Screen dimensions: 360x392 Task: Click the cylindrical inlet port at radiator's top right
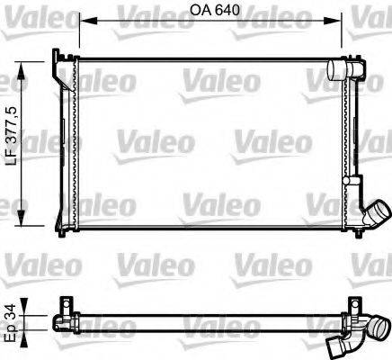click(341, 69)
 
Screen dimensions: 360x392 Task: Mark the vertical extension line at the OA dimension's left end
click(77, 36)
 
